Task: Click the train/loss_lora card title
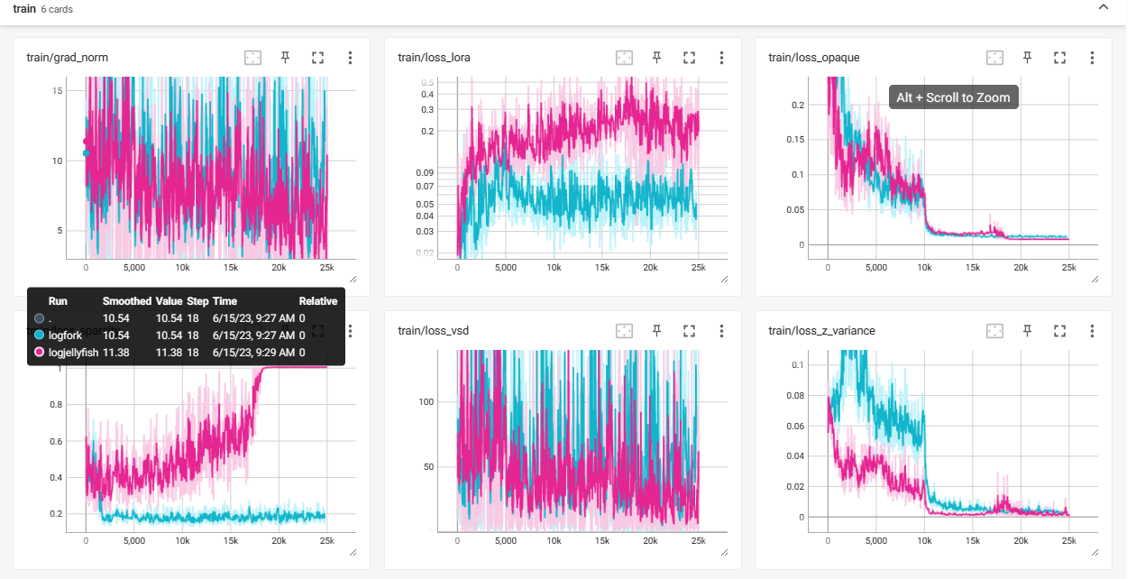point(434,58)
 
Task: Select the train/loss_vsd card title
point(433,331)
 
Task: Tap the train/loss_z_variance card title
point(821,331)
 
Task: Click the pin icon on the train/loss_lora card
point(657,58)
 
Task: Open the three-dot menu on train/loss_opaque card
point(1092,58)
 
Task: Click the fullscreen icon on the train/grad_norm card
point(317,58)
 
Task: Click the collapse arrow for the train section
point(1103,8)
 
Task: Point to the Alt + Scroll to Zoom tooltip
point(954,97)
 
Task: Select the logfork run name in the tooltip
point(65,335)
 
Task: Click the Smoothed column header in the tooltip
point(127,301)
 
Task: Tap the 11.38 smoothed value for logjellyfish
point(116,352)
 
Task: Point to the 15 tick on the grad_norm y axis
point(57,91)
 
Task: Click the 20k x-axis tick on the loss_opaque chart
point(1021,268)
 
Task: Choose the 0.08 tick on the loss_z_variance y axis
point(794,395)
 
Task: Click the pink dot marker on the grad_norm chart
point(87,141)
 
